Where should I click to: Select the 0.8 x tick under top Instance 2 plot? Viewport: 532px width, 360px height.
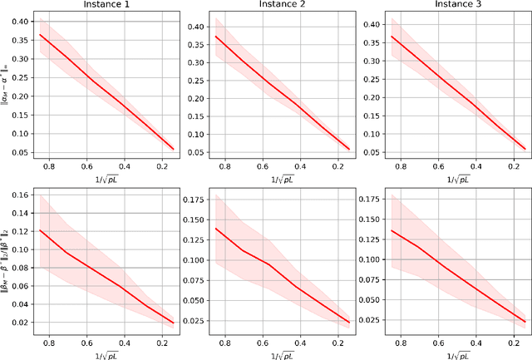(x=216, y=167)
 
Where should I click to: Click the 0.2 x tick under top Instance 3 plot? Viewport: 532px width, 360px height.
(x=506, y=167)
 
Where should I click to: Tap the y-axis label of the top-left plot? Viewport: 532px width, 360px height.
(x=5, y=84)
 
